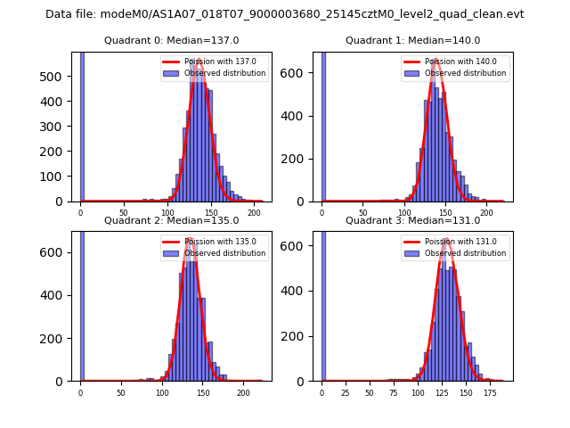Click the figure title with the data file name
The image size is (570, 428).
[x=285, y=14]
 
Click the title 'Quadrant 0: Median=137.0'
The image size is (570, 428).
[x=171, y=40]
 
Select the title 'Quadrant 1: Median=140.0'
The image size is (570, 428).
[x=412, y=40]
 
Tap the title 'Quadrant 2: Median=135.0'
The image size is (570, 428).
[x=171, y=220]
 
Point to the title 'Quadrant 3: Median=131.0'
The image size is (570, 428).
[x=412, y=220]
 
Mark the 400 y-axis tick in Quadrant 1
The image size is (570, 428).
[x=300, y=116]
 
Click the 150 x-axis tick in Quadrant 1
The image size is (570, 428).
[x=445, y=213]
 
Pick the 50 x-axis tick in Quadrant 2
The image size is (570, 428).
[x=121, y=392]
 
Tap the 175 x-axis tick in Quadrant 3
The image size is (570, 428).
[x=489, y=392]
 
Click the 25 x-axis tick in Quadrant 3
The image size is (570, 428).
[x=346, y=392]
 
